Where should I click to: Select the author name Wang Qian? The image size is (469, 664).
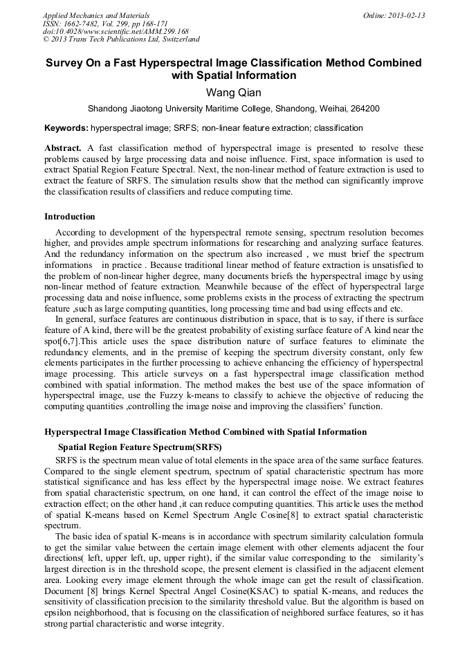233,92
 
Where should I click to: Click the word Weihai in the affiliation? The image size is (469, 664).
329,109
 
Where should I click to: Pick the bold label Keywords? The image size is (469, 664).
66,128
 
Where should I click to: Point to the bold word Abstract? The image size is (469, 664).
63,148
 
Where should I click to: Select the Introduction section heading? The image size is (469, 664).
70,217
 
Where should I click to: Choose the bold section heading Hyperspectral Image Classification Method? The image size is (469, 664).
205,432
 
